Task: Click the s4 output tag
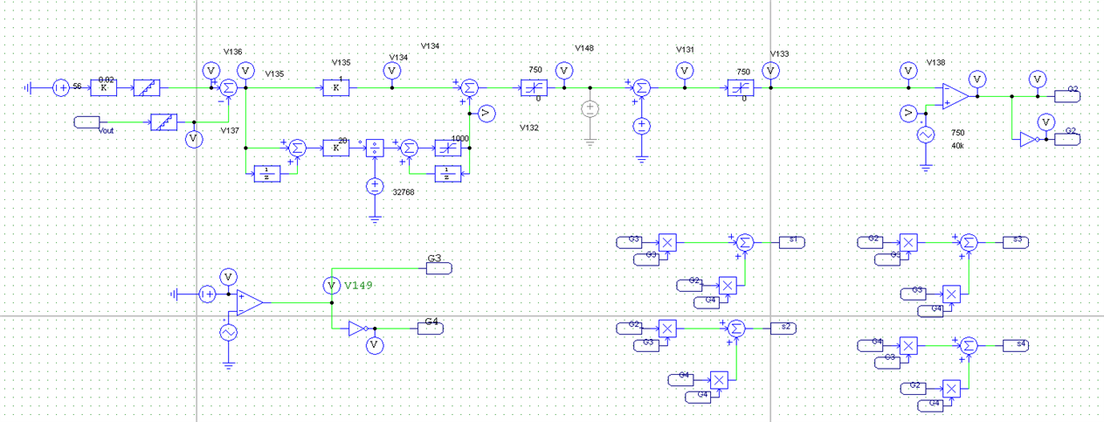[x=1017, y=344]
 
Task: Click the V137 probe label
[x=230, y=130]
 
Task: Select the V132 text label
[x=529, y=128]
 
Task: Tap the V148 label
[x=584, y=48]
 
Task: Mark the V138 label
[x=935, y=62]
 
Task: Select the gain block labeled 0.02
[x=104, y=87]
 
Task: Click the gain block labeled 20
[x=335, y=148]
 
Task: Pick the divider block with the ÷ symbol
[x=375, y=148]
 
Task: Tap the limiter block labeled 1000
[x=448, y=148]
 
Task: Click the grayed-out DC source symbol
[x=590, y=110]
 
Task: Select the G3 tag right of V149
[x=439, y=267]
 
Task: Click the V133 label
[x=779, y=54]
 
